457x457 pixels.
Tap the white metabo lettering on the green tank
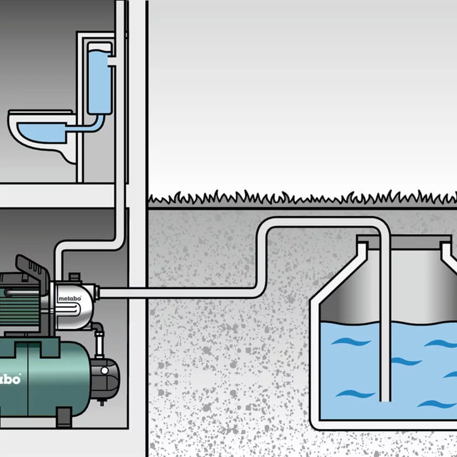[x=10, y=379]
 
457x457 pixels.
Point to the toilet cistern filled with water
[x=100, y=80]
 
